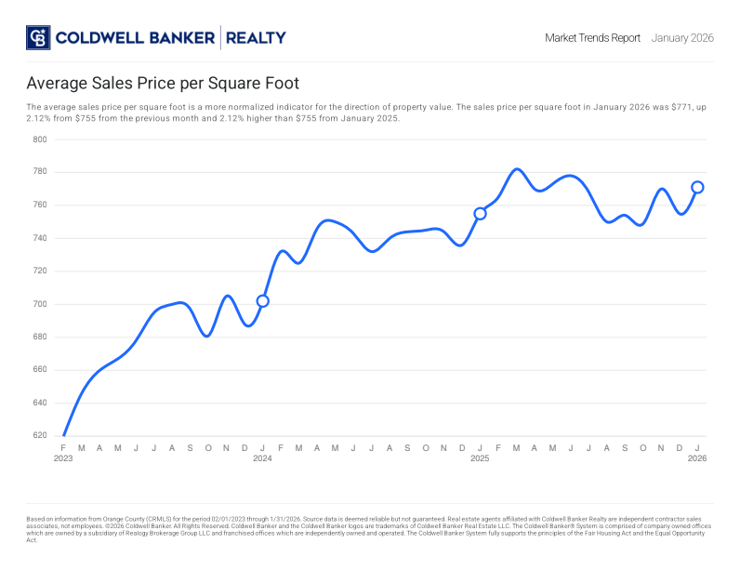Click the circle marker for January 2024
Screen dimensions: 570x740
point(262,301)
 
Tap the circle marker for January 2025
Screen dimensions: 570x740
point(480,214)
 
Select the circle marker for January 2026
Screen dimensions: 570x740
point(697,187)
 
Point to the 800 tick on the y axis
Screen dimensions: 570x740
point(40,139)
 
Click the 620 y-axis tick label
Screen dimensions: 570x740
point(40,435)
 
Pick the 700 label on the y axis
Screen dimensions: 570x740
point(40,304)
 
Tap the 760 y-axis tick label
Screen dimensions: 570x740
point(40,205)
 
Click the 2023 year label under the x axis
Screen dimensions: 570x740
point(63,458)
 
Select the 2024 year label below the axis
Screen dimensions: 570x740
point(262,458)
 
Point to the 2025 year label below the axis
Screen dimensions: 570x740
point(480,458)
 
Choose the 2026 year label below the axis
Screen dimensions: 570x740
point(697,458)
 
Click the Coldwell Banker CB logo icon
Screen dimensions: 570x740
point(38,38)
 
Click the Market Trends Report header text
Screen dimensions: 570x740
point(592,38)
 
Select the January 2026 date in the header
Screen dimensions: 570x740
point(682,38)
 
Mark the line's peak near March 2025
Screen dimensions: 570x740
point(518,169)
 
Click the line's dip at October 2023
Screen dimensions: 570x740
point(206,336)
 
